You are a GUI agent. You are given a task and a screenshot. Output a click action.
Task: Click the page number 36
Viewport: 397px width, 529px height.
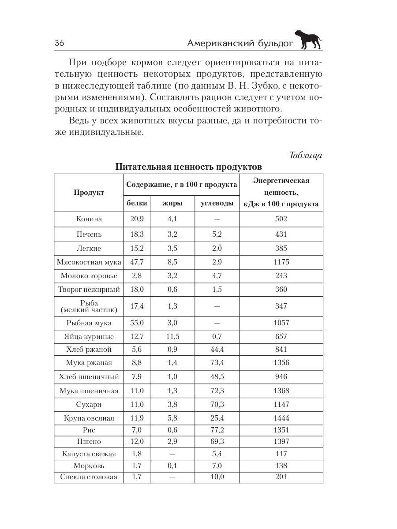pos(60,43)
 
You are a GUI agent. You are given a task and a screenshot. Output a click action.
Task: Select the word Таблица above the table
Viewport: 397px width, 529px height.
pos(305,155)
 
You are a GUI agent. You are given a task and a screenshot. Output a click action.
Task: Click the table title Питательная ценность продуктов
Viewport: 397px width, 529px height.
pos(188,167)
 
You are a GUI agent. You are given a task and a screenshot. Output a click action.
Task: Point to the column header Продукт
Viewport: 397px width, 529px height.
pos(89,193)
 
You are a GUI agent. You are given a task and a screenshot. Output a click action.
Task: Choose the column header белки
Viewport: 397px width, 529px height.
pos(136,204)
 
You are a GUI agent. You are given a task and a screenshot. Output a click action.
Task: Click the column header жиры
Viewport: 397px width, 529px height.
pos(172,204)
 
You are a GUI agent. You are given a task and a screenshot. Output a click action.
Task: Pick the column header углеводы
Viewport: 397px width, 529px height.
pos(217,204)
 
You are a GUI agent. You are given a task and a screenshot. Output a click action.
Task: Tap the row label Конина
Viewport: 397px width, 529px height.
pos(89,219)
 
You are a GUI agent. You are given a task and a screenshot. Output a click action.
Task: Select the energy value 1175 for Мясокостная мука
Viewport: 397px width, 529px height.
pos(281,262)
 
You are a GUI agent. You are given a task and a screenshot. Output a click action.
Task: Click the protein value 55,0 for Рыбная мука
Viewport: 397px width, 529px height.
pos(136,323)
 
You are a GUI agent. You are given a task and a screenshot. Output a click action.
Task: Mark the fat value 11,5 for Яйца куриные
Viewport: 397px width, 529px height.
pos(172,337)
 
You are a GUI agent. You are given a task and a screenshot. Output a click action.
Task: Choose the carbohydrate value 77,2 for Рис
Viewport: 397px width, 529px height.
pos(217,430)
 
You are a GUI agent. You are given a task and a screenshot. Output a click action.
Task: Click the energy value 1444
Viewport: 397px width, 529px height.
pos(281,418)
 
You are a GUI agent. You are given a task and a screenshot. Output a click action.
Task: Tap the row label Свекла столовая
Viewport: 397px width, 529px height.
pos(89,477)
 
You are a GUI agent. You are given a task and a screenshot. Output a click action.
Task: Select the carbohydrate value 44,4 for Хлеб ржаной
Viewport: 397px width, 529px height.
pos(217,350)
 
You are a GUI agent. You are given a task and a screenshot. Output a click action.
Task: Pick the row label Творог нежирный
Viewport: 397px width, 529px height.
pos(89,290)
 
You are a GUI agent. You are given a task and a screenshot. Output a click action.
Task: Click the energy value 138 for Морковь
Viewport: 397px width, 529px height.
pos(281,466)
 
